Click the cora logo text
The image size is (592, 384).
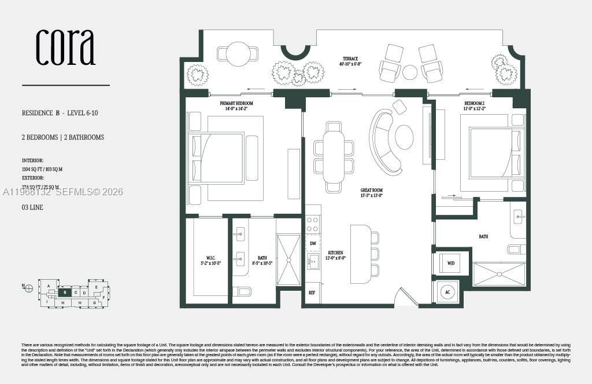(x=65, y=47)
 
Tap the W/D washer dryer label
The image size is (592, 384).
(x=450, y=263)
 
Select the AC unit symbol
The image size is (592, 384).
(x=447, y=292)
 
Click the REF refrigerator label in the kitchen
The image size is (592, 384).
(x=312, y=293)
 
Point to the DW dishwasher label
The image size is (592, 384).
(x=313, y=244)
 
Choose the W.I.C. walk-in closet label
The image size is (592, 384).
(x=208, y=259)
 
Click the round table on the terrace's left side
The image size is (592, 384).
(x=238, y=54)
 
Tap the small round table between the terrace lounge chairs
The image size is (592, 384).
(x=410, y=72)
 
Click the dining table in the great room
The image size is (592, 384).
(x=334, y=156)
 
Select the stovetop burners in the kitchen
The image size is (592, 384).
(x=313, y=224)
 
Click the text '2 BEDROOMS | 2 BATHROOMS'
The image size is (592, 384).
(x=63, y=137)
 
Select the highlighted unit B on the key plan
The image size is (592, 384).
(x=66, y=292)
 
